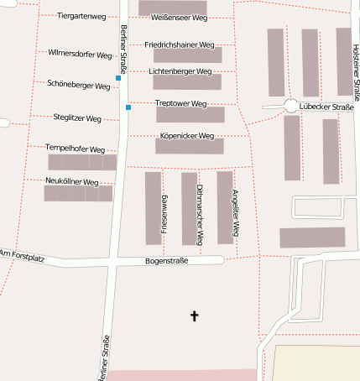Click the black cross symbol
(x=195, y=316)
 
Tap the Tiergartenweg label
(x=81, y=16)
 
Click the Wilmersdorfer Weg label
(x=76, y=52)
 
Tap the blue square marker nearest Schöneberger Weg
(x=118, y=78)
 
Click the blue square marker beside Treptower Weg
(x=128, y=107)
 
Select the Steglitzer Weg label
(x=77, y=118)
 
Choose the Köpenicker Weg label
(x=186, y=135)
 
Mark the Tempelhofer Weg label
(x=75, y=149)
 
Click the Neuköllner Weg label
(x=73, y=181)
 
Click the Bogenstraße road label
(x=166, y=261)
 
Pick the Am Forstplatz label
(x=21, y=254)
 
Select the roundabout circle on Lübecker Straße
(x=291, y=107)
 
